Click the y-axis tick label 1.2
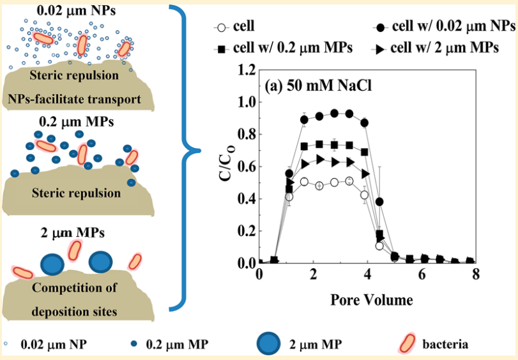point(247,70)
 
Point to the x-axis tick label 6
point(422,274)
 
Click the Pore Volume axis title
point(371,300)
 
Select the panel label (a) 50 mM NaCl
point(319,86)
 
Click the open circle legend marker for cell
point(222,27)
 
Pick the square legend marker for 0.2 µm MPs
point(222,50)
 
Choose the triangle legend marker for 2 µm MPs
point(380,50)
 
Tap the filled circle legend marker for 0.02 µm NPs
point(380,27)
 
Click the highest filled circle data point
point(334,113)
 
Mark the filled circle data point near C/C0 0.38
point(379,202)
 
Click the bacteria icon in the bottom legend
point(407,343)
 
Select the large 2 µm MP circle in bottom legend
point(268,343)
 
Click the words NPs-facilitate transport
point(74,99)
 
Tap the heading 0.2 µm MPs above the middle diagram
point(76,121)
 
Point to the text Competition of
point(74,287)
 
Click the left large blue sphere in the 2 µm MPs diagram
point(52,264)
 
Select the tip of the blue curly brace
point(199,151)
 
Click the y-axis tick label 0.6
point(247,167)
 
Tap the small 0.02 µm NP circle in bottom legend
point(6,344)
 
